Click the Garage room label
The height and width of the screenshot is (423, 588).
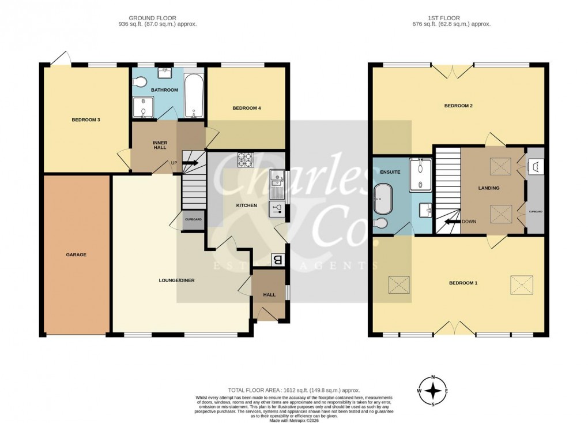[76, 254]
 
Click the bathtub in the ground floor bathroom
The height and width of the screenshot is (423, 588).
[193, 96]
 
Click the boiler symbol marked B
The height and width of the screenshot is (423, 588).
[277, 260]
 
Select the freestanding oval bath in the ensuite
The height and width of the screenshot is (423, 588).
[383, 199]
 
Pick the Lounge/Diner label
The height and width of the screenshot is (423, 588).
[177, 280]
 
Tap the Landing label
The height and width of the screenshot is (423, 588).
[489, 188]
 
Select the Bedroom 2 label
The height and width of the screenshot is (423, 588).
[458, 106]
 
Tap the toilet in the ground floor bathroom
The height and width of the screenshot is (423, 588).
[137, 84]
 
